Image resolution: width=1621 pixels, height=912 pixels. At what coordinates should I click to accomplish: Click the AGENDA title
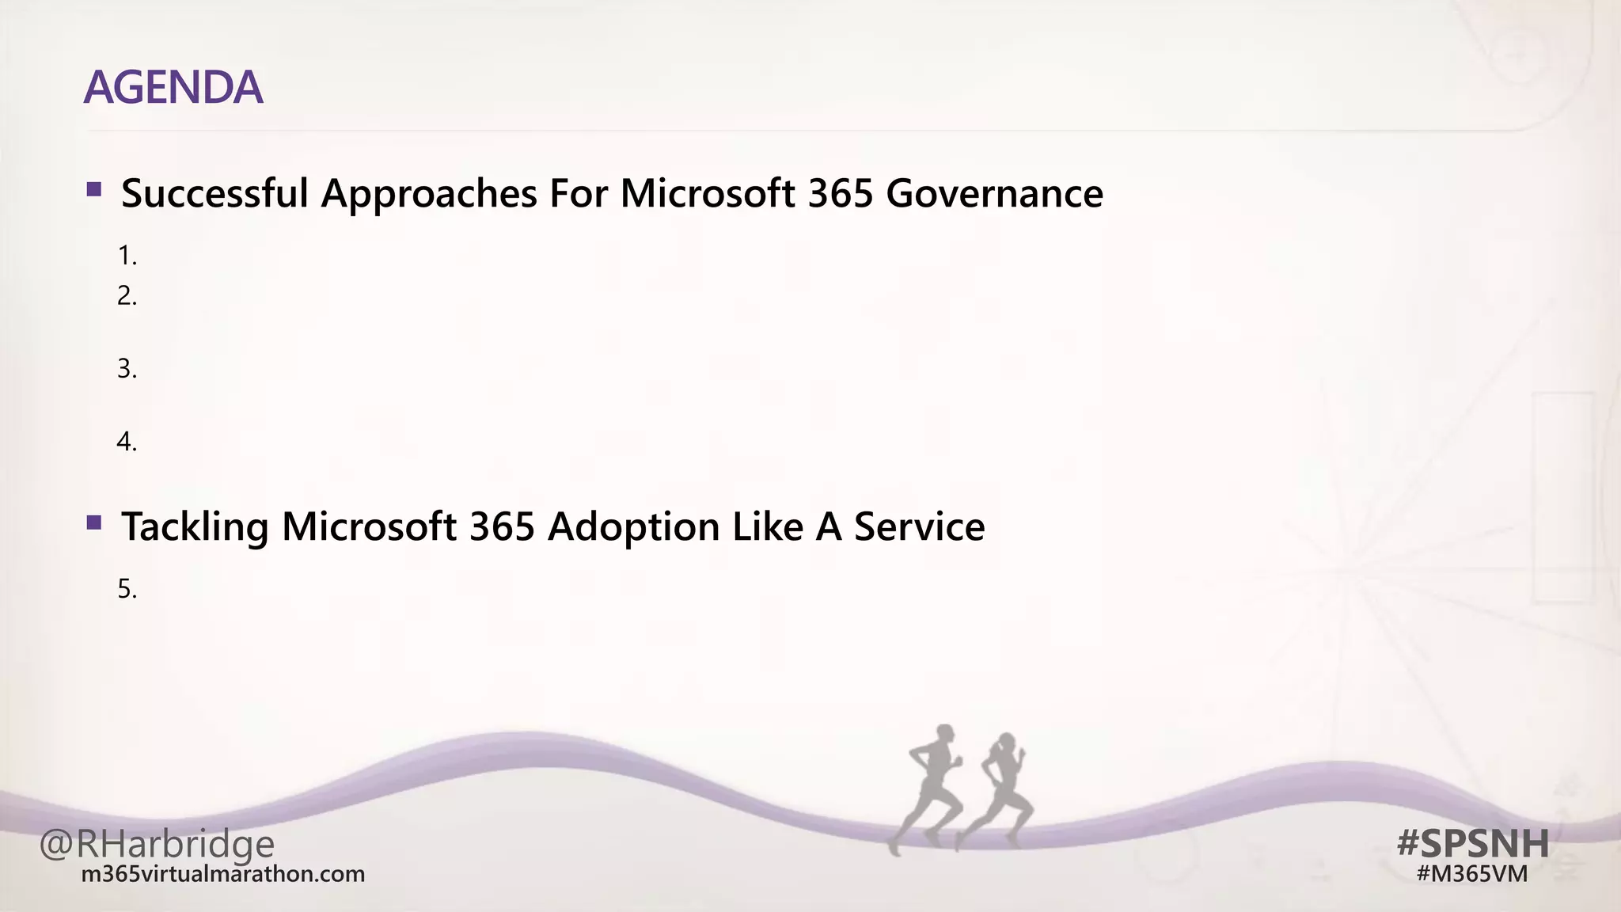coord(173,87)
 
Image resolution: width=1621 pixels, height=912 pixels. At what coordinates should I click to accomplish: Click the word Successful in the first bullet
coord(214,193)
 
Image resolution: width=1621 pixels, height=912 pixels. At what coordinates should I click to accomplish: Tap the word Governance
coord(994,193)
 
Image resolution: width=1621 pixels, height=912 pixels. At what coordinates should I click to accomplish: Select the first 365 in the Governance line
coord(841,193)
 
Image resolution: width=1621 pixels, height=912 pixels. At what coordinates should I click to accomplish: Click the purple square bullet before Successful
coord(94,189)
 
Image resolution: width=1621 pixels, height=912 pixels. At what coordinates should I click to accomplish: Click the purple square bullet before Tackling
coord(94,522)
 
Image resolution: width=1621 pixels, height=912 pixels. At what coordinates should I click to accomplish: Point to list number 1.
coord(127,256)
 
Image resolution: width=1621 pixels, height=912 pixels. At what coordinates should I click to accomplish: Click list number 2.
coord(127,296)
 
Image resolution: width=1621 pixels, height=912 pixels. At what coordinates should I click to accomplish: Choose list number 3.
coord(127,369)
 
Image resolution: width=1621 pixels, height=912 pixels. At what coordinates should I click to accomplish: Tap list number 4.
coord(127,442)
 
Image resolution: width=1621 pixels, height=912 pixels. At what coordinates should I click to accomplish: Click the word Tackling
coord(195,527)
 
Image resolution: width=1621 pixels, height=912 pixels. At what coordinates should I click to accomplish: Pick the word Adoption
coord(632,527)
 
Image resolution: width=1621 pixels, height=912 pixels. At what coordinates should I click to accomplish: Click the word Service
coord(919,527)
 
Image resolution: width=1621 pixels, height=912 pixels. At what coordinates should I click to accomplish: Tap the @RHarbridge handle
coord(157,844)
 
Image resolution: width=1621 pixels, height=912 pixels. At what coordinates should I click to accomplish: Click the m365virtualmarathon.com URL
coord(223,875)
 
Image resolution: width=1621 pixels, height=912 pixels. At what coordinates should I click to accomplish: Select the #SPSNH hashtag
coord(1473,843)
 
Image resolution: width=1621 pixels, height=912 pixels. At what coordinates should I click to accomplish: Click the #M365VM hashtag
coord(1471,874)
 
